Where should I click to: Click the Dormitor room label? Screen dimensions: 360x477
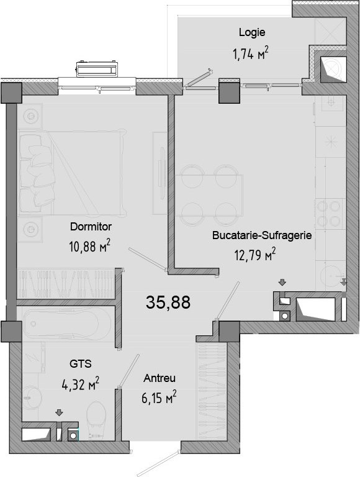[x=91, y=227]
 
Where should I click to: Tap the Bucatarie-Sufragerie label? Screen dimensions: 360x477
[x=262, y=235]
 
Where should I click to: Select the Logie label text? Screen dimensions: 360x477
[x=252, y=32]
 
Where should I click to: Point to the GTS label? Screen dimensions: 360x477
[x=81, y=363]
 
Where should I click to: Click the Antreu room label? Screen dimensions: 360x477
[x=160, y=378]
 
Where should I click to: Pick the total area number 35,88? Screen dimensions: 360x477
[x=168, y=302]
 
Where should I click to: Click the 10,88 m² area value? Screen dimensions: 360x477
[x=90, y=246]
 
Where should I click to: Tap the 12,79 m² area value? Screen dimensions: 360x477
[x=255, y=254]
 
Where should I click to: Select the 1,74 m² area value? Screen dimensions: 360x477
[x=251, y=53]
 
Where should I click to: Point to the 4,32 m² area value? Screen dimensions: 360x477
[x=81, y=384]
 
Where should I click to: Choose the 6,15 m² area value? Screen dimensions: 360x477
[x=159, y=397]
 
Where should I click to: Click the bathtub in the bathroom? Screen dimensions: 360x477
[x=67, y=324]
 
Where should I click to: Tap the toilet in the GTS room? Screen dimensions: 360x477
[x=96, y=418]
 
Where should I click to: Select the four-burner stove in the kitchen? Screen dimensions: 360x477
[x=329, y=213]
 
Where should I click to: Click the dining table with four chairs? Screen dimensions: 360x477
[x=209, y=194]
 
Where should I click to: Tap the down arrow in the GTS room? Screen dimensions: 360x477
[x=59, y=412]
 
